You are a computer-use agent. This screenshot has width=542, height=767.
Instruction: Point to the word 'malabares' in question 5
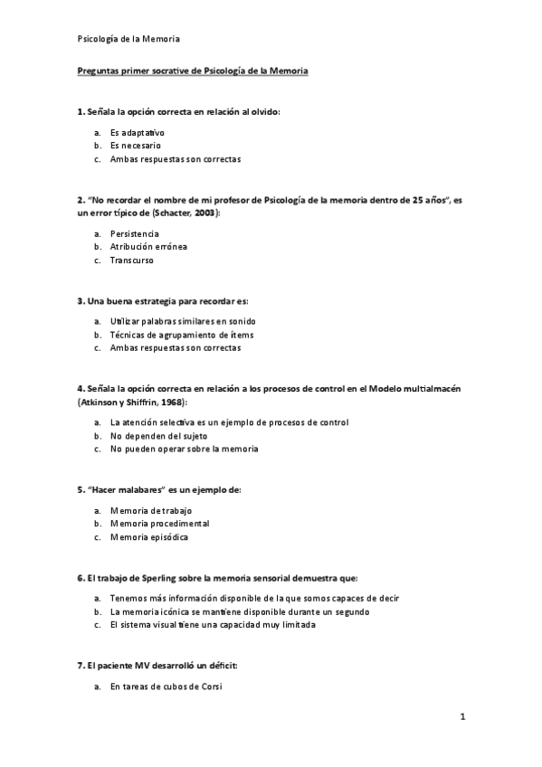click(134, 489)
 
